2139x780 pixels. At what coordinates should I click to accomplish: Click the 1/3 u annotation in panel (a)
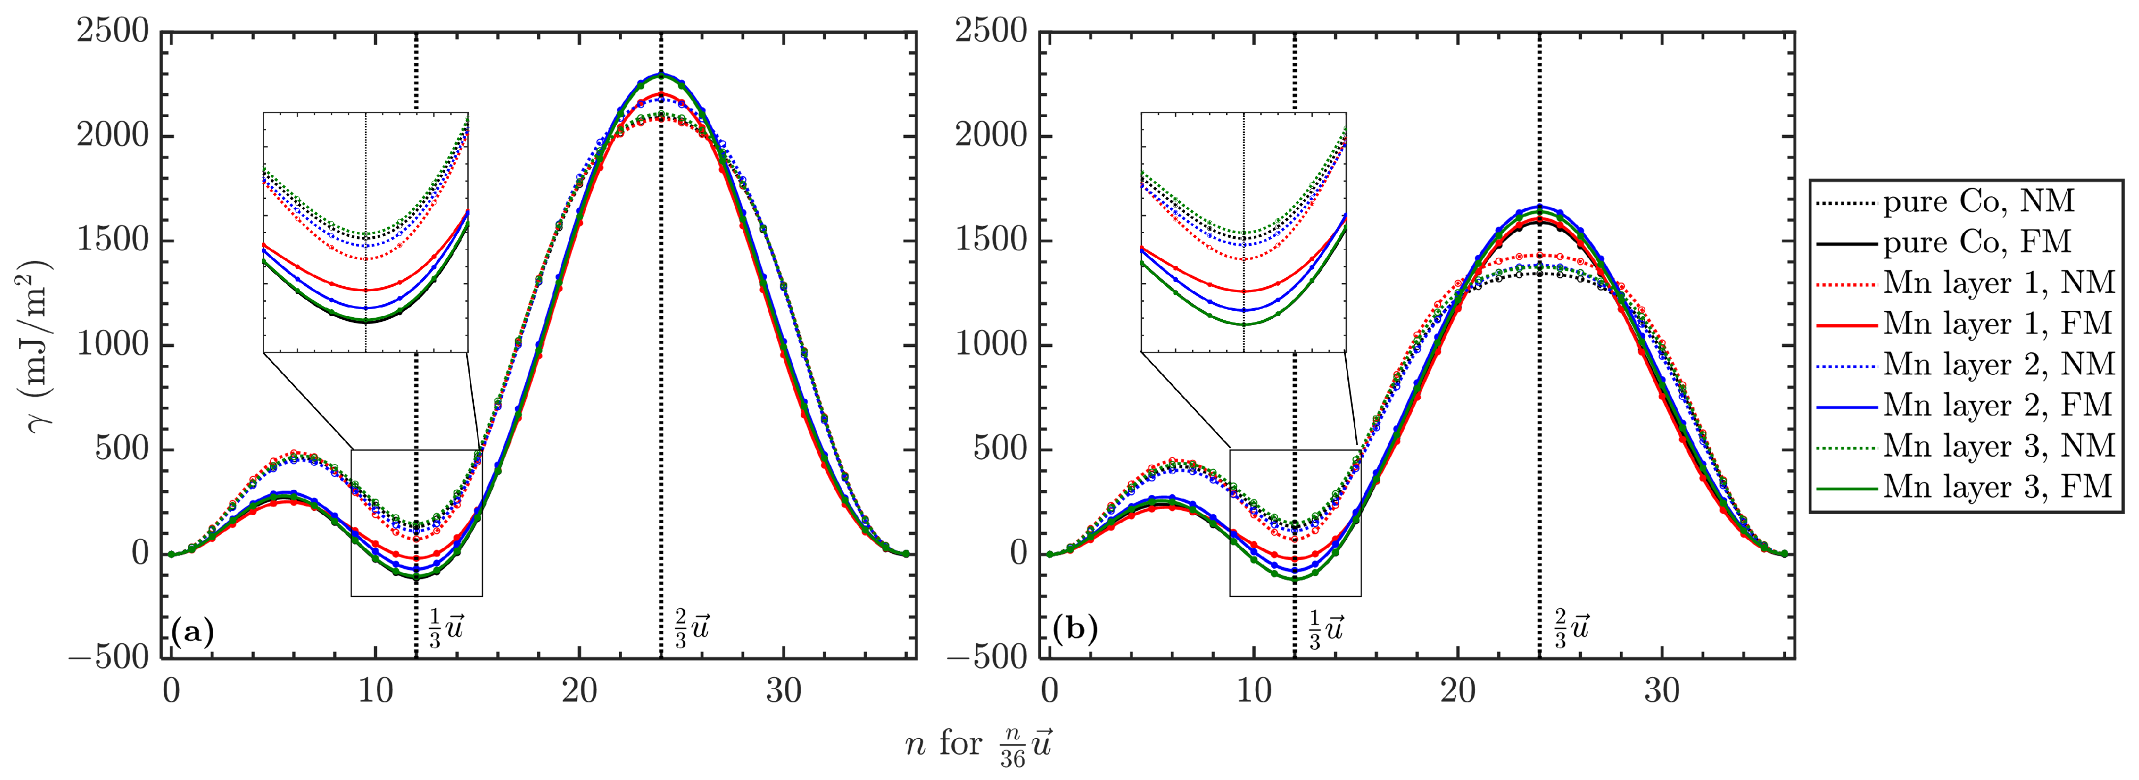click(446, 629)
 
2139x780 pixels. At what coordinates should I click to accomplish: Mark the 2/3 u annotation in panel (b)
click(1571, 629)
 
